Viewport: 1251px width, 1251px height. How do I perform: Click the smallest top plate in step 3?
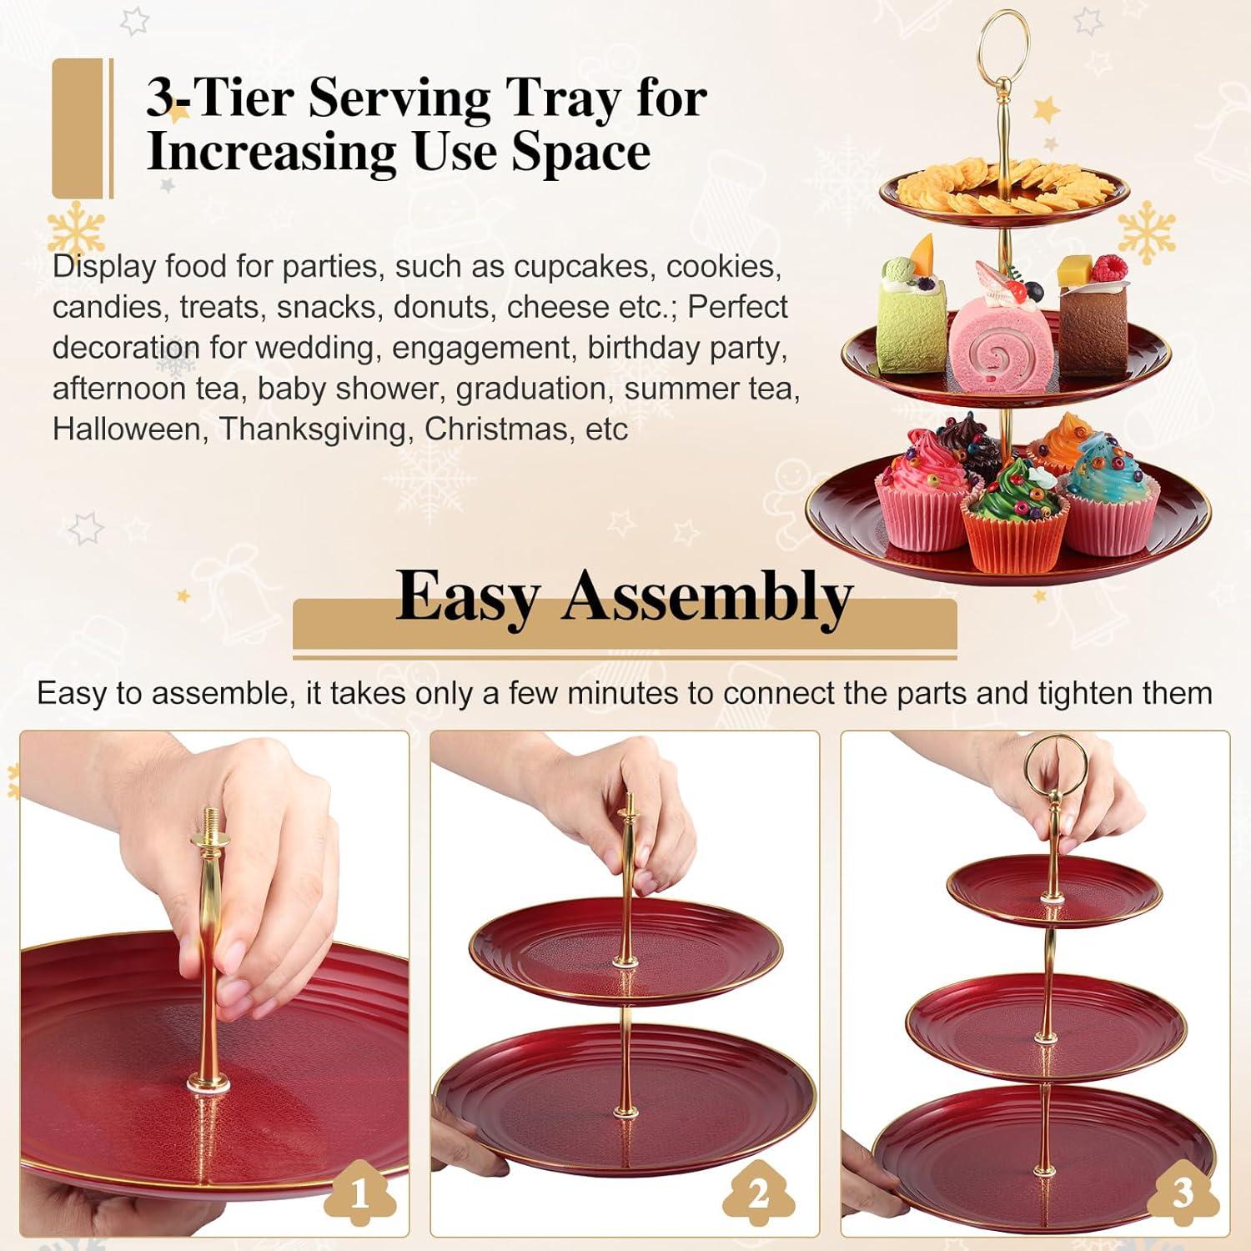(1053, 890)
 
